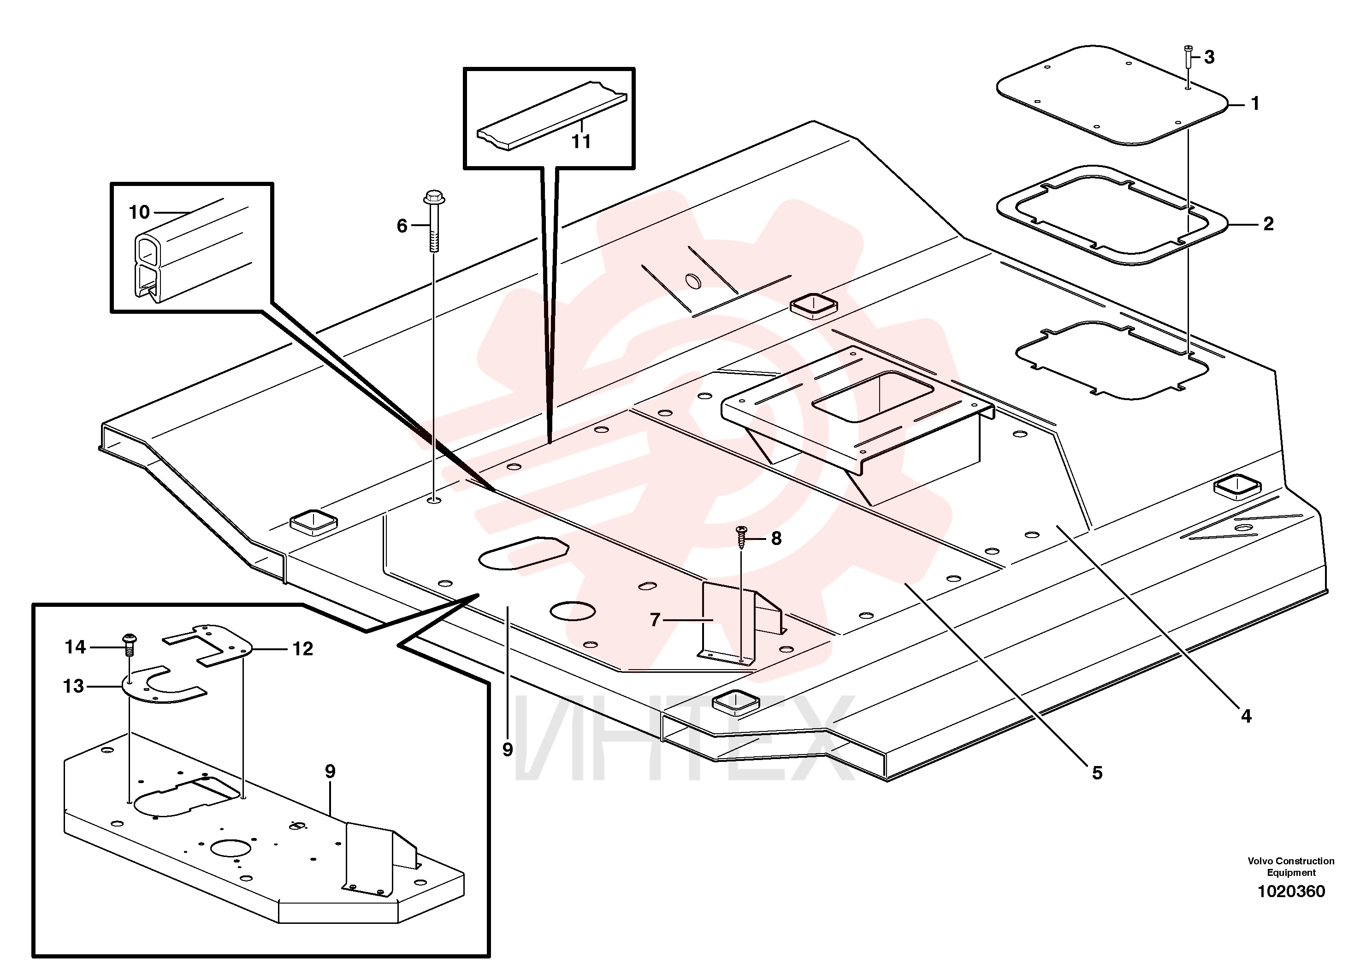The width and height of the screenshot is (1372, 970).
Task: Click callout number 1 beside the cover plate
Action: point(1255,103)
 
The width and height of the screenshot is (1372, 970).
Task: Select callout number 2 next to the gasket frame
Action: point(1268,224)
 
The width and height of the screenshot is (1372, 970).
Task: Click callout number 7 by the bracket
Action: point(655,620)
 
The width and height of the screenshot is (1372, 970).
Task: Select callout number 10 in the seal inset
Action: point(139,212)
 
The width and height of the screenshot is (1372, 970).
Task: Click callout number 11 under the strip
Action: point(581,141)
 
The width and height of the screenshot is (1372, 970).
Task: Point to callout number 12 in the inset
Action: point(302,649)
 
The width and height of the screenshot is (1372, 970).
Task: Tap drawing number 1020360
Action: point(1291,891)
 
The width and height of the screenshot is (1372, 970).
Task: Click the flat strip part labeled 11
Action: point(551,115)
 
